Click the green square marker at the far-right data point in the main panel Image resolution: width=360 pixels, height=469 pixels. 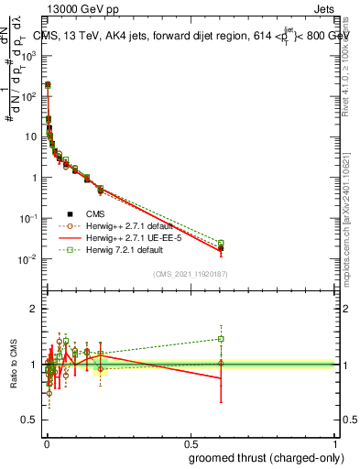221,243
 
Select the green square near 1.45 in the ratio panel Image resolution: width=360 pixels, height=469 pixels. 221,339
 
